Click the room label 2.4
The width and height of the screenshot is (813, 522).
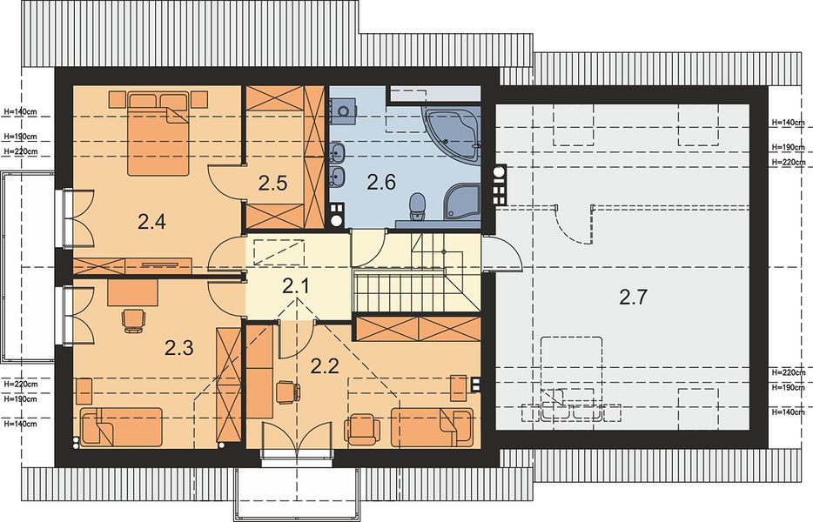(151, 222)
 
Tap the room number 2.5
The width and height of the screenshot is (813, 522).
(272, 184)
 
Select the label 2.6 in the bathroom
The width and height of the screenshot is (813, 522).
(381, 182)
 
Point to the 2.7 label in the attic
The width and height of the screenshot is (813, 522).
(634, 297)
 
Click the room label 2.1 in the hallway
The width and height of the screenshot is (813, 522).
(296, 285)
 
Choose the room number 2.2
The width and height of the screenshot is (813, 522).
(325, 366)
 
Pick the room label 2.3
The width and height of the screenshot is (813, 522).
(179, 347)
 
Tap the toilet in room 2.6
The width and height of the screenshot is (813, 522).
(417, 205)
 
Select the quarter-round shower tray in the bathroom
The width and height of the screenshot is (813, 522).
(461, 201)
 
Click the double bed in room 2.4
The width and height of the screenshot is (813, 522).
(158, 134)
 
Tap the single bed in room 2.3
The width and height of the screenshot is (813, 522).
(121, 426)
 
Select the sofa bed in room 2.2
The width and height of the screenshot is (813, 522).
(433, 427)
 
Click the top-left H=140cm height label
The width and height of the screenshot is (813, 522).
(20, 111)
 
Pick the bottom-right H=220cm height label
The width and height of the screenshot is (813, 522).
(788, 372)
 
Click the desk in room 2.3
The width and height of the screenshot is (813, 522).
(132, 293)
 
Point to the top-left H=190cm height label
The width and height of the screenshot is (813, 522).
(20, 137)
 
